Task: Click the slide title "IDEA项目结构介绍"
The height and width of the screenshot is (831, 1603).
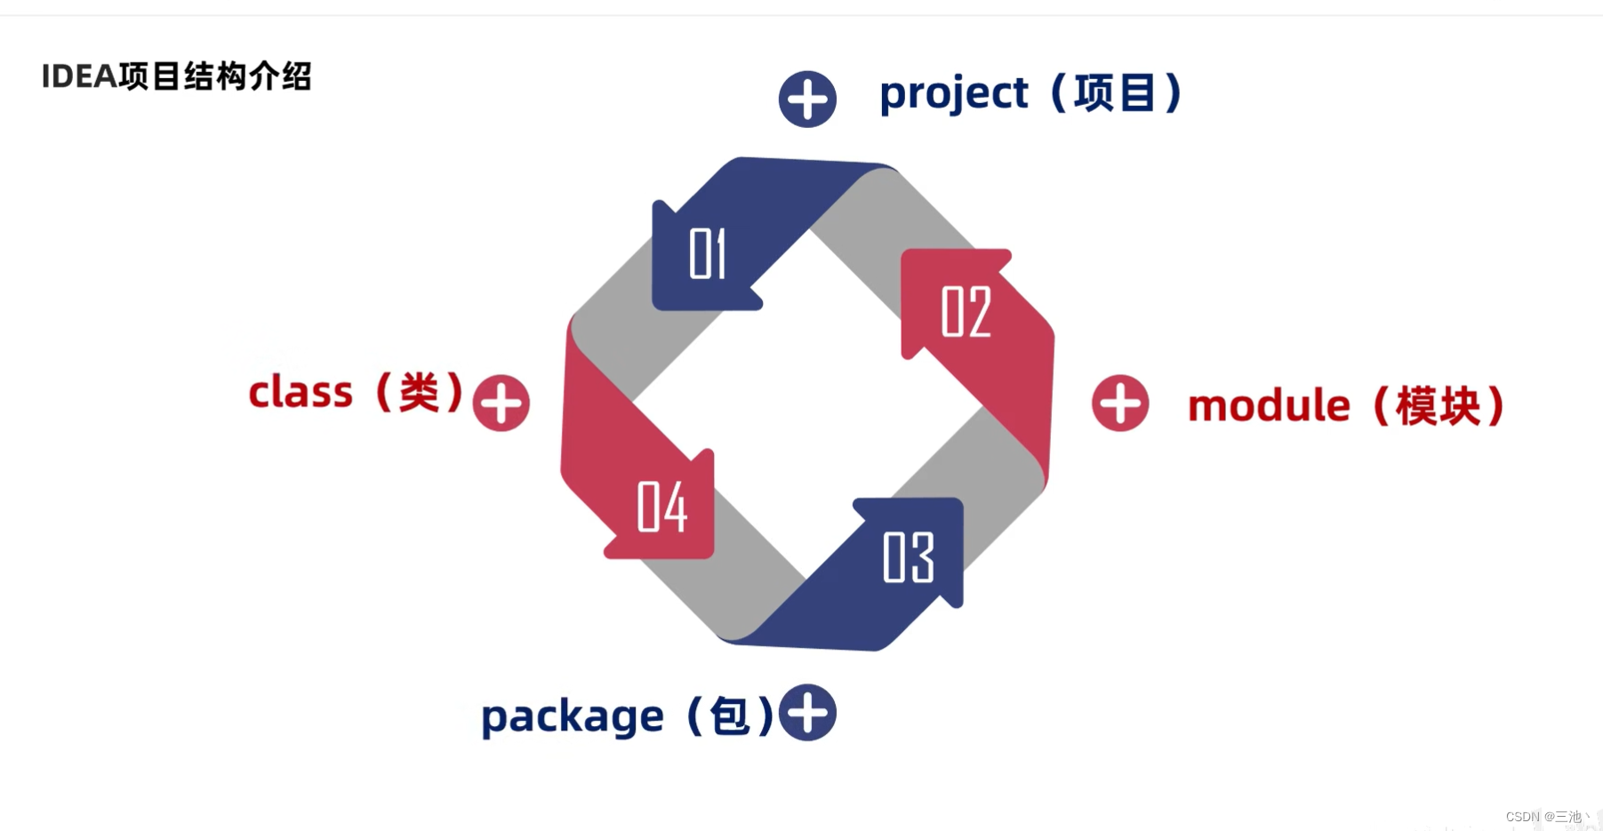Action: click(x=176, y=76)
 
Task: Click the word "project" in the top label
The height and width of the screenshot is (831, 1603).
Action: click(x=953, y=94)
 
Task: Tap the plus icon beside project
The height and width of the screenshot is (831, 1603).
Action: click(x=807, y=99)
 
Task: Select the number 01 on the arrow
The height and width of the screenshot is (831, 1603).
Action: click(x=708, y=254)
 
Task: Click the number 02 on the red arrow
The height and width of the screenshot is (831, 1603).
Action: click(x=966, y=312)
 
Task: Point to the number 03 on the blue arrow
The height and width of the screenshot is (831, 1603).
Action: click(x=908, y=557)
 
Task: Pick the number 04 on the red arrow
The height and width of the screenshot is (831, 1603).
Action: click(x=662, y=507)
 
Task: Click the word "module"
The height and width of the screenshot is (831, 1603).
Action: click(x=1269, y=405)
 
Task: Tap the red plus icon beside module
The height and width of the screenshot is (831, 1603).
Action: click(x=1120, y=403)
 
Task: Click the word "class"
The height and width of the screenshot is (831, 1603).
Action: click(x=301, y=392)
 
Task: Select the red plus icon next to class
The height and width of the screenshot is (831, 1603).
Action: click(x=501, y=403)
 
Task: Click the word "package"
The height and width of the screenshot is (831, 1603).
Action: click(x=572, y=716)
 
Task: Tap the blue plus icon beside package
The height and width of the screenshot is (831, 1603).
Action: click(x=807, y=713)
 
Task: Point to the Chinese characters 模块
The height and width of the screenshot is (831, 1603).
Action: click(x=1438, y=406)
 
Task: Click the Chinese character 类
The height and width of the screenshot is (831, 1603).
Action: click(x=419, y=392)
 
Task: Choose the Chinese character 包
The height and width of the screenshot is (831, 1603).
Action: click(x=730, y=716)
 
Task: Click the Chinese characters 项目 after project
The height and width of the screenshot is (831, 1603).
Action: click(x=1115, y=93)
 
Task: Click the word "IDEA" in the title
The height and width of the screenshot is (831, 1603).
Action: click(x=79, y=76)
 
